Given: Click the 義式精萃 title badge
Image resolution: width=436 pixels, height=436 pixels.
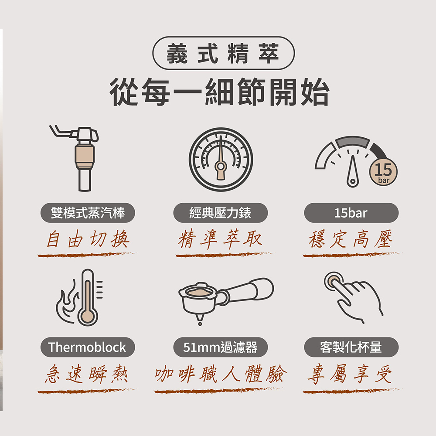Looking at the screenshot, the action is pos(223,53).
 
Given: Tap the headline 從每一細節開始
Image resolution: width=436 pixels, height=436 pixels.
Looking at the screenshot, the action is pos(220,92).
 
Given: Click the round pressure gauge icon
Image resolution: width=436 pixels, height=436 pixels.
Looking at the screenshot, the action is pos(221,159).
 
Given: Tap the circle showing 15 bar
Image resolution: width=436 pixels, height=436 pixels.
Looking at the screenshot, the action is pos(383,171).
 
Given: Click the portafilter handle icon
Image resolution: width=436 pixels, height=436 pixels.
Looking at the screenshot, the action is pos(226,300).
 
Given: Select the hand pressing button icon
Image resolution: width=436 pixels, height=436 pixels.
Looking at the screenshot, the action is pos(353,297).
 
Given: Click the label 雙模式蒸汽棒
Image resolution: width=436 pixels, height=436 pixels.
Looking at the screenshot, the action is pos(88,213).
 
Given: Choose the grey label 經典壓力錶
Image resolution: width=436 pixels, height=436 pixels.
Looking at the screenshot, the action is pos(221,213).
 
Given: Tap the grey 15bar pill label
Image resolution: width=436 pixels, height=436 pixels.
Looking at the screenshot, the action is pos(351,213).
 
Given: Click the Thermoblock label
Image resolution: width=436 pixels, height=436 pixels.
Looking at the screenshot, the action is pos(88,347).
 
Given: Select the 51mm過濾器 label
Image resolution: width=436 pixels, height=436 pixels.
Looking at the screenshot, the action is pos(221,347).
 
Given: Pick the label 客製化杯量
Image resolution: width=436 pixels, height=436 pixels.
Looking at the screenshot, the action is pos(351,347).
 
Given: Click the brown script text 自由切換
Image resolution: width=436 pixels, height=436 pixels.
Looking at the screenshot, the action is pos(88,239).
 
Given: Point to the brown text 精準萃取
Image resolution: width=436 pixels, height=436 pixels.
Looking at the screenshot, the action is pos(220,239).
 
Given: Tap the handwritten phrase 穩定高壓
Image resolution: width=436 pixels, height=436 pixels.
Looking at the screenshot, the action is pos(351,239).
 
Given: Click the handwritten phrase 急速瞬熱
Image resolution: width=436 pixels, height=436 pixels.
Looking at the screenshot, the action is pos(87,375).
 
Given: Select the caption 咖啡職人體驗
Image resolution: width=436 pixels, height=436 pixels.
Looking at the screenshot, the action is pos(221,374).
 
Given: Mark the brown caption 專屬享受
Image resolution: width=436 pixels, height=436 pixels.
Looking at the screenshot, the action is pos(350,374).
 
